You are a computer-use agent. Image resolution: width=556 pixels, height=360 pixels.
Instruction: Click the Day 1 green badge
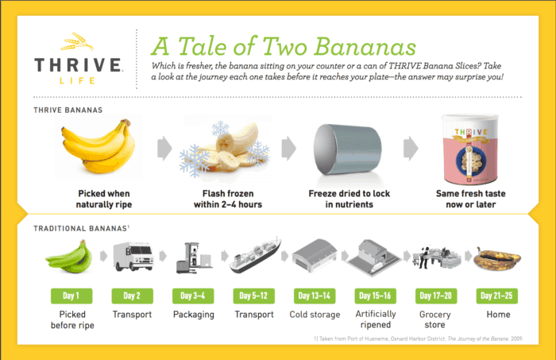71,296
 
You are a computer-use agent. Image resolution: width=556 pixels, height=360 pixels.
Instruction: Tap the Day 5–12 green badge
253,296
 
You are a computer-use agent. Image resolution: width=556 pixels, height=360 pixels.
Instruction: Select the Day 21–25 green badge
497,296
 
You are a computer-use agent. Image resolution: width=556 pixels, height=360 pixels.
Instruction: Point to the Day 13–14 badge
315,296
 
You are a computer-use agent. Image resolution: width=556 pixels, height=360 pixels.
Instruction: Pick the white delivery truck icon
133,257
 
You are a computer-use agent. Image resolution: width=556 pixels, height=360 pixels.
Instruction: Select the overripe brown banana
496,259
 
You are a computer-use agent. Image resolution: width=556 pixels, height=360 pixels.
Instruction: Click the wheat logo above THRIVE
77,41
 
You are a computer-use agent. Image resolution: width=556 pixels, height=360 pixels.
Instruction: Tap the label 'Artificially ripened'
376,319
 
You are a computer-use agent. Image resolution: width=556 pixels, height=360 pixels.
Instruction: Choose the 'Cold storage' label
315,314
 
